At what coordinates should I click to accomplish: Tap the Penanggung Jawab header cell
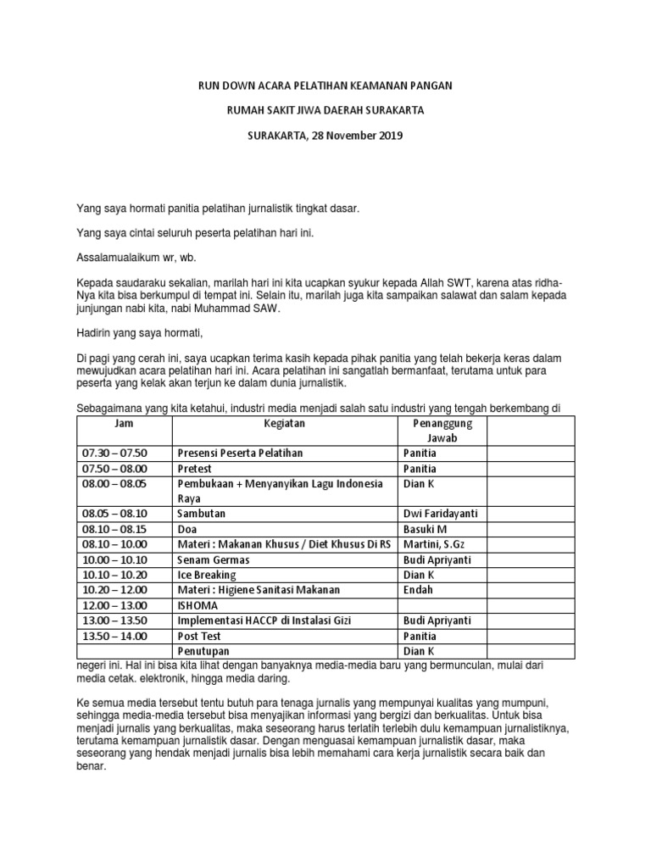(x=442, y=430)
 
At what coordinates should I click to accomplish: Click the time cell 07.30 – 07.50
(x=114, y=453)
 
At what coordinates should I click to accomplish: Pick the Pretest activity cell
(x=195, y=469)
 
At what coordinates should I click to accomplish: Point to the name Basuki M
(x=428, y=529)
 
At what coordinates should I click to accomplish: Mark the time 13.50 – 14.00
(x=114, y=636)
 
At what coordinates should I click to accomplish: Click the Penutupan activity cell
(x=207, y=651)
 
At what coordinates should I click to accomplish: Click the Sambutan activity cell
(x=202, y=514)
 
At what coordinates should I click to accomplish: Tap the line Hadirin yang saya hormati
(x=140, y=332)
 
